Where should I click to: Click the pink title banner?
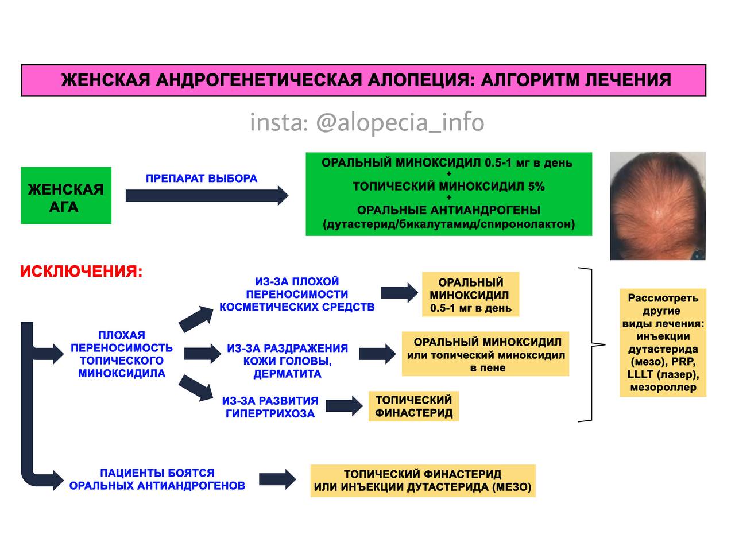(363, 80)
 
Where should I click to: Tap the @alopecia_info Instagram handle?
(400, 122)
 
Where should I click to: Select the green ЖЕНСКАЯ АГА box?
(66, 196)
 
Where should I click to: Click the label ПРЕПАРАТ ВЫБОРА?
(202, 178)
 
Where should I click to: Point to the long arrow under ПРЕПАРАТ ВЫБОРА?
(207, 196)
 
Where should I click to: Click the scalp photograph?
(658, 206)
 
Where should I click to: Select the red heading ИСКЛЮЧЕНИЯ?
(82, 272)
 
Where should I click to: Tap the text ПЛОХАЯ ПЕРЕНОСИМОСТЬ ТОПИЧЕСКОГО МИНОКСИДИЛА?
(122, 354)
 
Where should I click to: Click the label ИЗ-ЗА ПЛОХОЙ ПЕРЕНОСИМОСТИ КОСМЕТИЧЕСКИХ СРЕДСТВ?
(297, 295)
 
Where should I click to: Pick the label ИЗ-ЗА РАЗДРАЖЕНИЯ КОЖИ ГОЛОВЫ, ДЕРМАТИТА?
(288, 361)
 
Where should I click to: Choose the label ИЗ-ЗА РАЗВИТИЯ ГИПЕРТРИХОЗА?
(270, 407)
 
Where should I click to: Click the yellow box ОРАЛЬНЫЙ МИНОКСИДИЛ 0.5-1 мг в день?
(470, 295)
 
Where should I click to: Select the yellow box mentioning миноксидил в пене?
(486, 354)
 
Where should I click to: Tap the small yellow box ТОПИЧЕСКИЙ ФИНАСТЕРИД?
(414, 406)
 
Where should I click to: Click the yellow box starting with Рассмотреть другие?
(663, 343)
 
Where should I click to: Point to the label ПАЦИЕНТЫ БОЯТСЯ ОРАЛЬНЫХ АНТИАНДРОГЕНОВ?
(157, 479)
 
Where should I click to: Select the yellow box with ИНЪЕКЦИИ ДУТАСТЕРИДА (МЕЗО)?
(423, 481)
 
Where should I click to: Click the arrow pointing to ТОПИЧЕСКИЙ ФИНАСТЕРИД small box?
(344, 406)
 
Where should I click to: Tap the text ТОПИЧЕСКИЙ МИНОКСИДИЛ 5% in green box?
(449, 187)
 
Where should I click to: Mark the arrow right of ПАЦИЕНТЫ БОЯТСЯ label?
(277, 479)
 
